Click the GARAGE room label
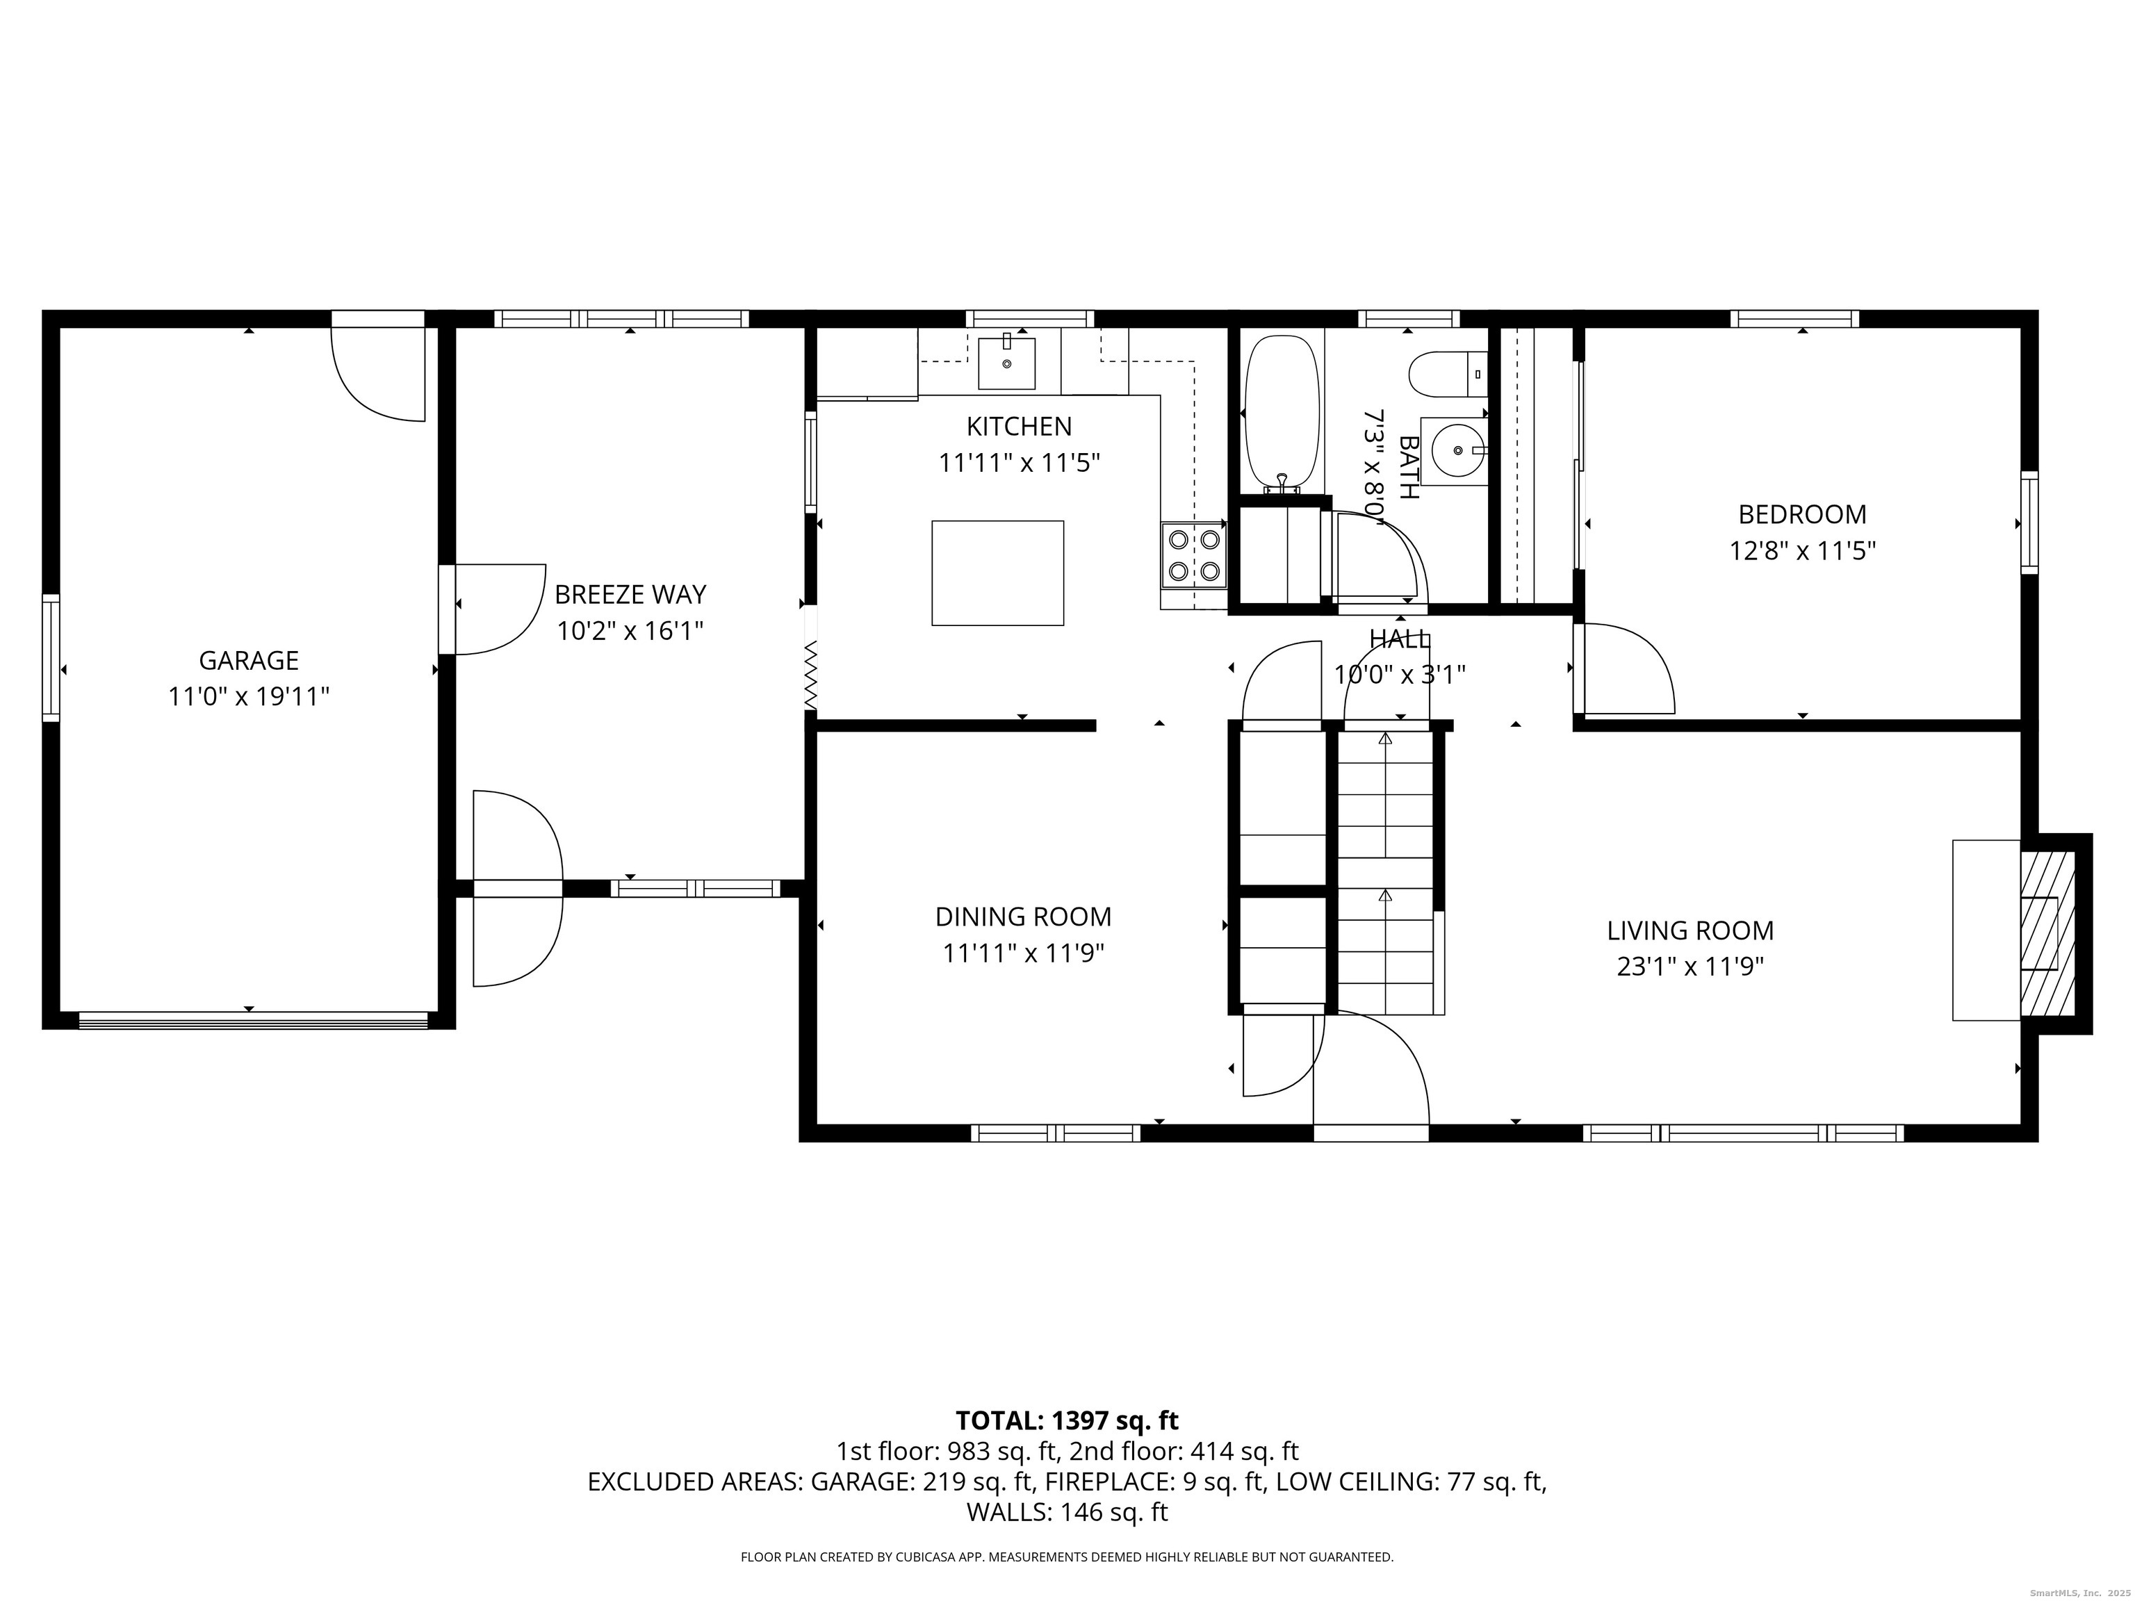(249, 660)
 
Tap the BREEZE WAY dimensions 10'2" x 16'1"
(630, 631)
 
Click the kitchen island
(998, 573)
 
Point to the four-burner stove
(1194, 555)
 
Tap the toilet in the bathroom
(1448, 373)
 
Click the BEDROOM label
(1802, 514)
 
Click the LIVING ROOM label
(1690, 930)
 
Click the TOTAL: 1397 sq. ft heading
(1067, 1420)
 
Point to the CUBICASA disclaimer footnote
(1067, 1557)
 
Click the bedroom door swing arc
(1641, 656)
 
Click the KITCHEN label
(1020, 427)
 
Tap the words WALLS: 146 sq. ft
(1067, 1512)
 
